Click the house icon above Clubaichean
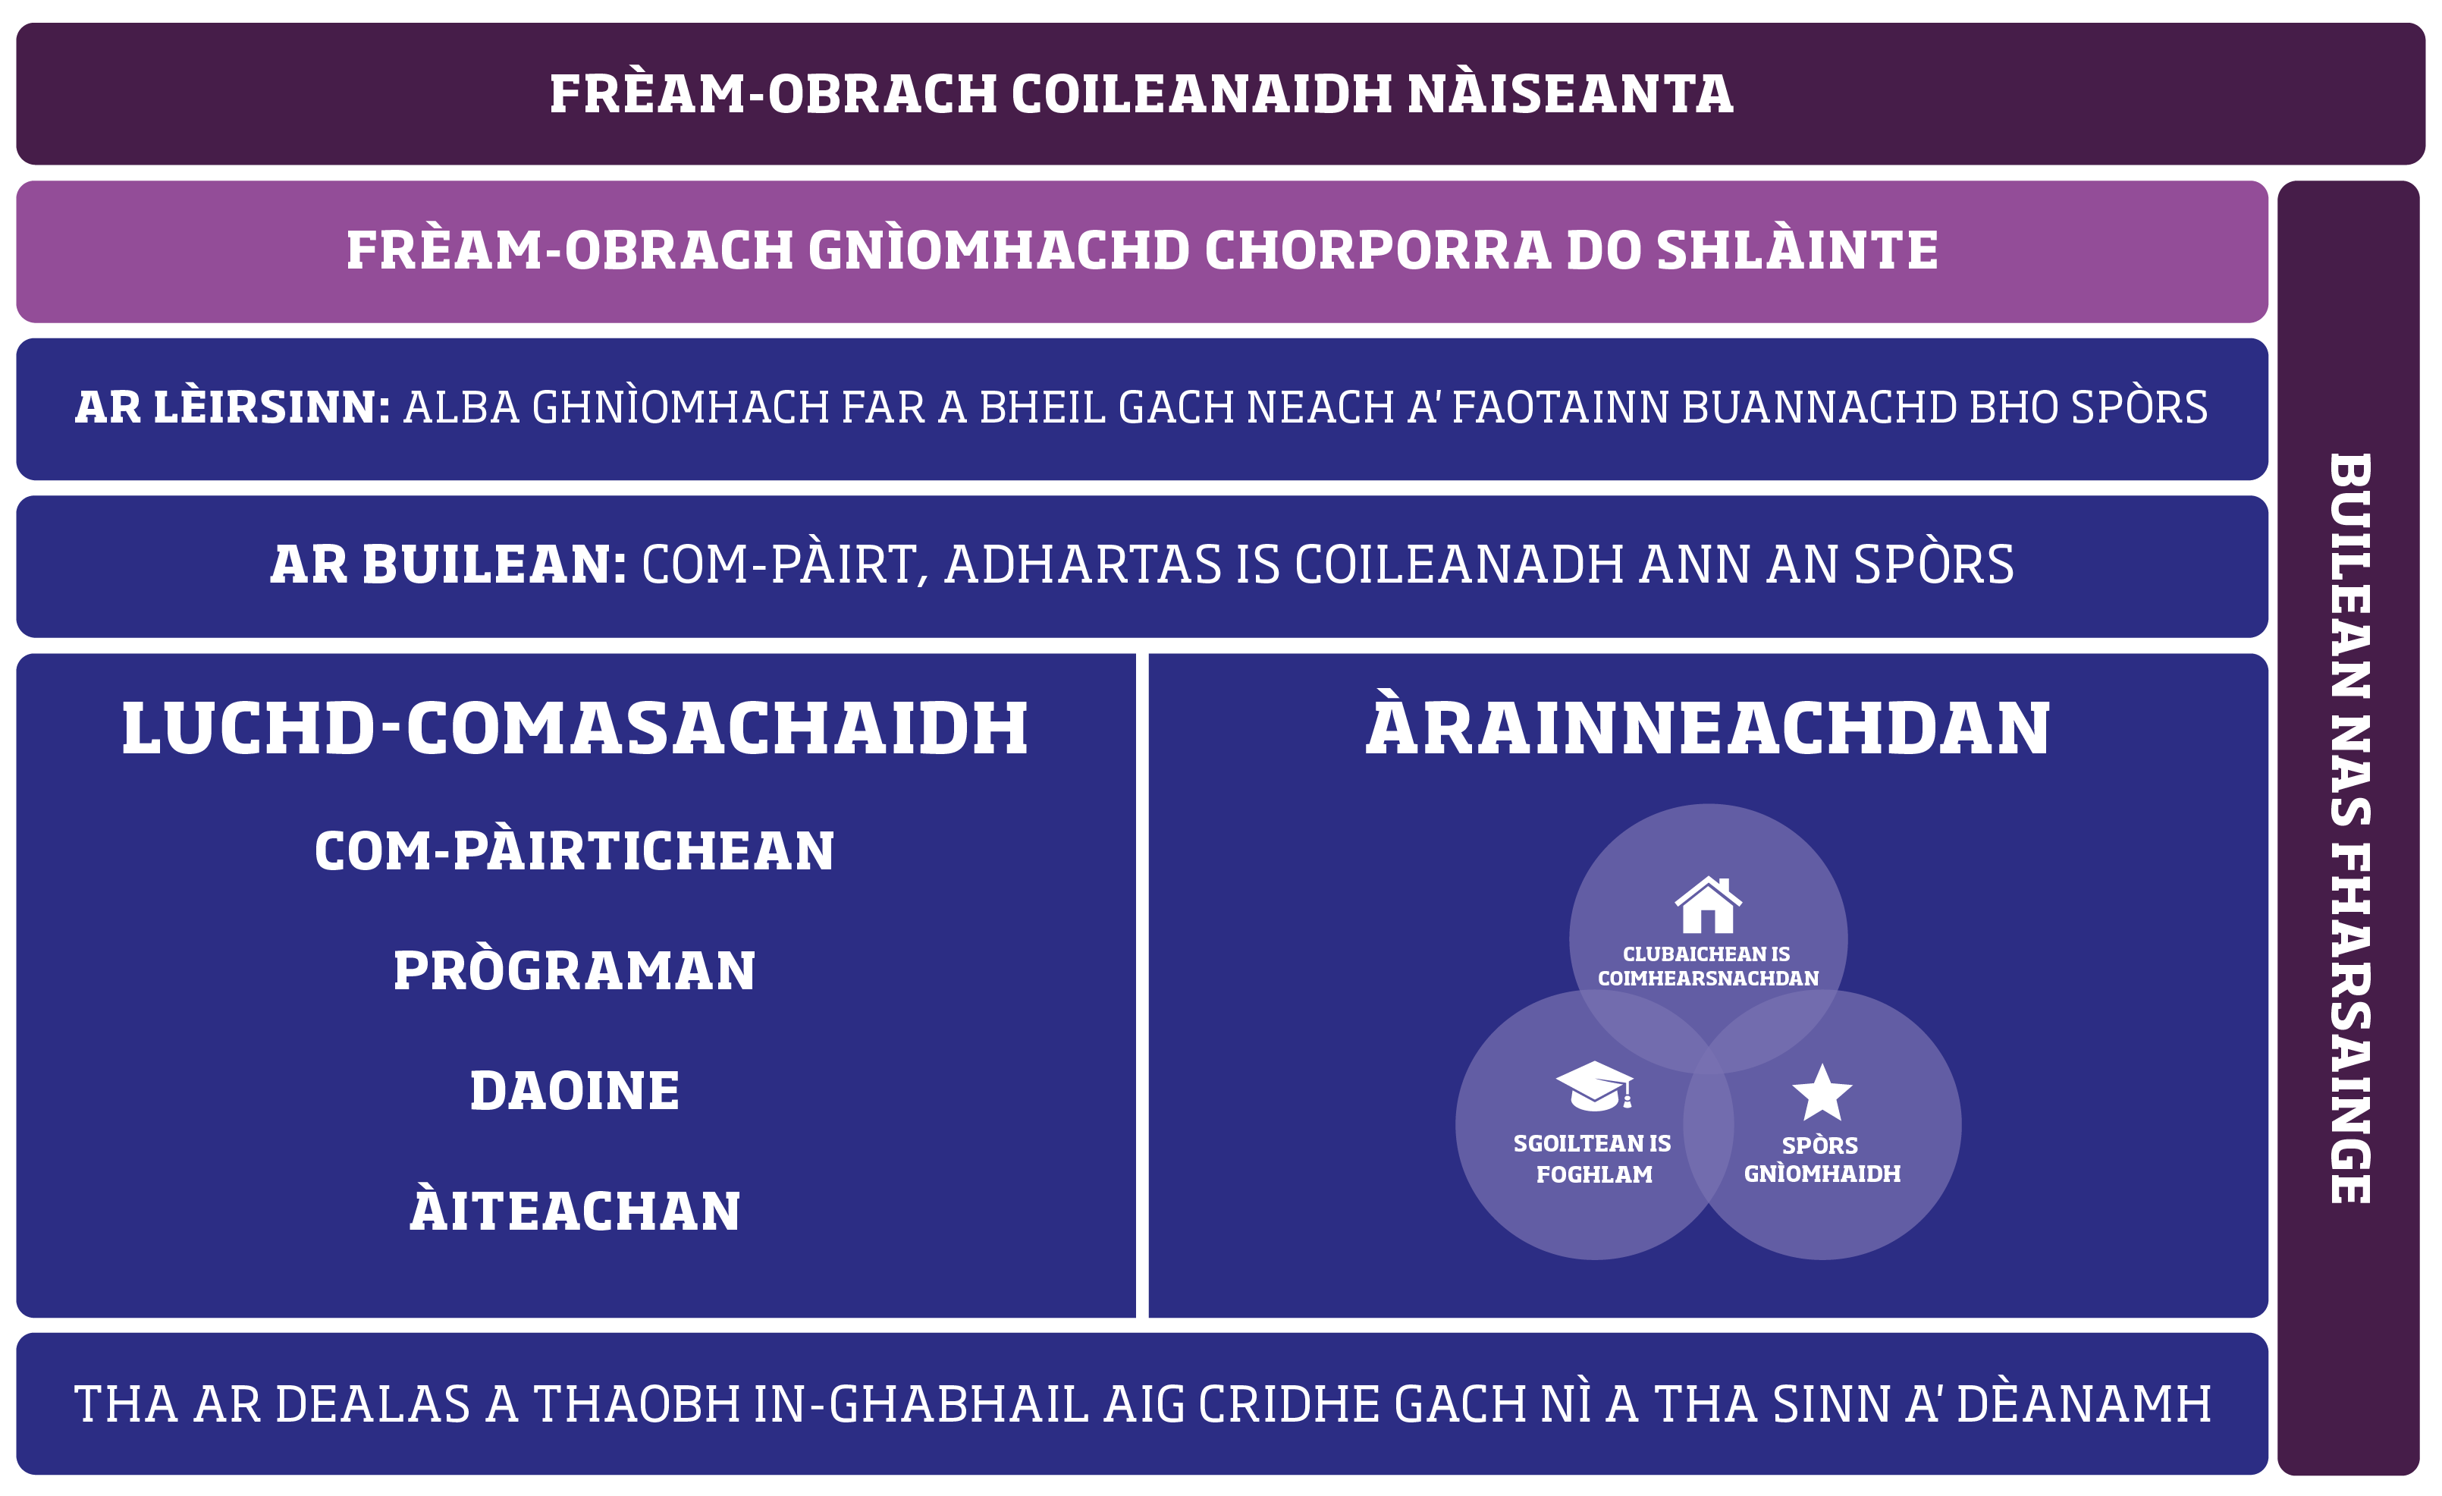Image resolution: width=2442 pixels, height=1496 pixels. [1708, 904]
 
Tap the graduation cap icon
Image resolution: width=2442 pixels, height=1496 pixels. [1593, 1086]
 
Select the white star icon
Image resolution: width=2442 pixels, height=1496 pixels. [1822, 1092]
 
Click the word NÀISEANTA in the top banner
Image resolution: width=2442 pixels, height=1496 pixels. [1570, 93]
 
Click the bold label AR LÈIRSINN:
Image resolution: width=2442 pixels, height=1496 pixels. [233, 407]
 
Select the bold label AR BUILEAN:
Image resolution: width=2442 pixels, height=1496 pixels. [448, 564]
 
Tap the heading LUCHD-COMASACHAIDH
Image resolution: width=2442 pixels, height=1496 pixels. [575, 729]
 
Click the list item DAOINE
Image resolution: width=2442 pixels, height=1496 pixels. [575, 1091]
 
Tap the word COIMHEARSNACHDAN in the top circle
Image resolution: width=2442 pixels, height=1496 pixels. [1708, 979]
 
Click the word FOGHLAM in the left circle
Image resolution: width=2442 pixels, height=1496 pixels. [1593, 1175]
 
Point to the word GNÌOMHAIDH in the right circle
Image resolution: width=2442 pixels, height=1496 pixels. [1822, 1173]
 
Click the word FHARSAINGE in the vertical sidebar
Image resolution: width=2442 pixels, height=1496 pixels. [2349, 1023]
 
